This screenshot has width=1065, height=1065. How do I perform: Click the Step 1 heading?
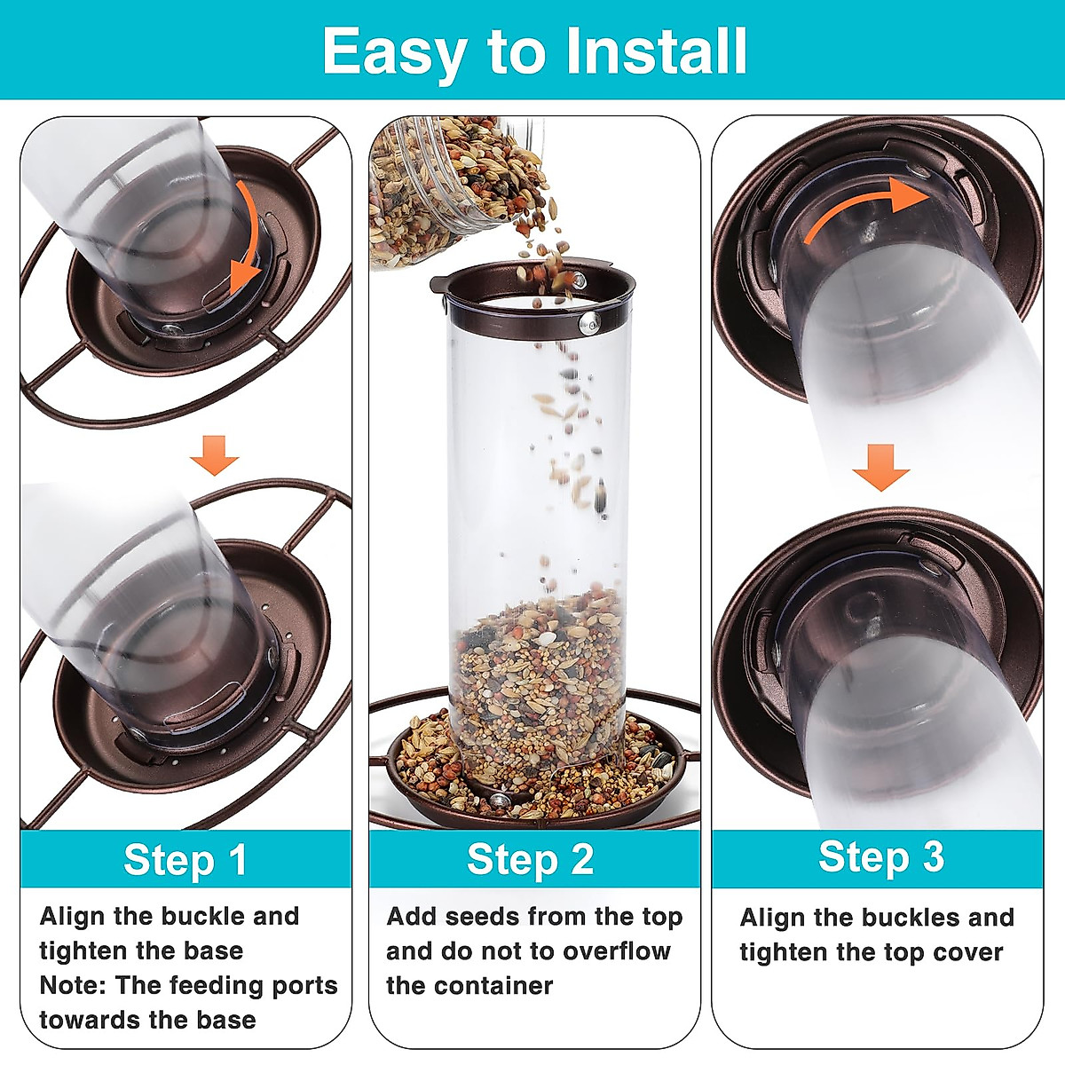coord(185,859)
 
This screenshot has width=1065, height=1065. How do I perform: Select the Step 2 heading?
coord(530,859)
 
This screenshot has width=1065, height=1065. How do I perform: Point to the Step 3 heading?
coord(881,856)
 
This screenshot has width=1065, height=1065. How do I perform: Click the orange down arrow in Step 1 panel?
coord(215,455)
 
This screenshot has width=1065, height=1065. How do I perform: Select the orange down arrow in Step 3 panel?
coord(880,467)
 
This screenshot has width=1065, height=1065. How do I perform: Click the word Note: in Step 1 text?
coord(72,985)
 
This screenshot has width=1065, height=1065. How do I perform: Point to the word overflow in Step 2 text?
coord(617,951)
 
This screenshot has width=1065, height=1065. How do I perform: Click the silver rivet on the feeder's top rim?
coord(588,323)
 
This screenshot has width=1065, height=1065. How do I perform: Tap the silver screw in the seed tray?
coord(499,799)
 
